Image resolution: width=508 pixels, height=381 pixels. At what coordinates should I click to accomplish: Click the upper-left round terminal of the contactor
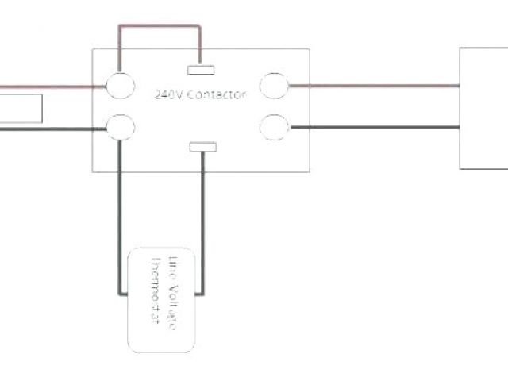click(x=120, y=86)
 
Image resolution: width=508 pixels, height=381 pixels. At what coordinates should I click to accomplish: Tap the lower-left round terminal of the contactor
click(x=120, y=126)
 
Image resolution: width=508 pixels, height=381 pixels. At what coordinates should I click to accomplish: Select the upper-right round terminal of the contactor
click(x=274, y=85)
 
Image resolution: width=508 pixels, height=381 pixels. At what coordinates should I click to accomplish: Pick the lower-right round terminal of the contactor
click(x=274, y=126)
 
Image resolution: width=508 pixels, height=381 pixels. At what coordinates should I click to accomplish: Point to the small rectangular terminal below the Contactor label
click(x=203, y=146)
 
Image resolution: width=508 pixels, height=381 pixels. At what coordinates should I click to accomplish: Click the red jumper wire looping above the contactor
click(x=159, y=25)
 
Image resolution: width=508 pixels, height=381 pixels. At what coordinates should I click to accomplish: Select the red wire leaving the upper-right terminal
click(x=373, y=86)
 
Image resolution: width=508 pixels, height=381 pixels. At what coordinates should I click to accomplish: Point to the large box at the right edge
click(x=483, y=107)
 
